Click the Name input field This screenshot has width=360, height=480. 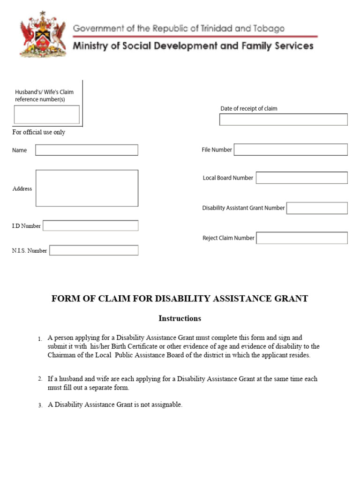[x=87, y=150]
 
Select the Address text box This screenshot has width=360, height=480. [x=87, y=188]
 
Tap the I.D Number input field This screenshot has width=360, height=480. [x=90, y=226]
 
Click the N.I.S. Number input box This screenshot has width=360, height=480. [x=94, y=250]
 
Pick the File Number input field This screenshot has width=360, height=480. [x=291, y=150]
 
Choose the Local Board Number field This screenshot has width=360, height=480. [x=301, y=178]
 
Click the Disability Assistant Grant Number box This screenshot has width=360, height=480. [x=317, y=208]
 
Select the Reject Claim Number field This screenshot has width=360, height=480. [x=302, y=238]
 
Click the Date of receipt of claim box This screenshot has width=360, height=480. [x=283, y=120]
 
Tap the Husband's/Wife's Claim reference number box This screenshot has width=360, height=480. [x=46, y=114]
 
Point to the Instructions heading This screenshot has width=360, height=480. [x=180, y=319]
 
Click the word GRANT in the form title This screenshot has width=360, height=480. [x=292, y=299]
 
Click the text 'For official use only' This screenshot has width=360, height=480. [x=38, y=132]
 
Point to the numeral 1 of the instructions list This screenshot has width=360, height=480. [x=40, y=338]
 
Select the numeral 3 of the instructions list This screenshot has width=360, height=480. [x=40, y=405]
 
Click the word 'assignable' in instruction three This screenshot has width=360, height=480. [x=167, y=405]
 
